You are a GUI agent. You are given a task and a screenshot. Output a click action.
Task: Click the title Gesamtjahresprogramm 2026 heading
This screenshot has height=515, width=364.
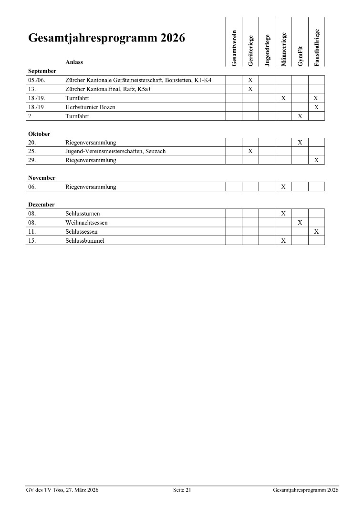click(106, 39)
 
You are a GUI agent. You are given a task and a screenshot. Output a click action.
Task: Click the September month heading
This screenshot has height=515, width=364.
click(42, 71)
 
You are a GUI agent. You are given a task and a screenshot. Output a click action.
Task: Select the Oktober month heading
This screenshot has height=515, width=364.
click(39, 134)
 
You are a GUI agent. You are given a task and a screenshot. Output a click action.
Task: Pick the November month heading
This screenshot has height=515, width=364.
click(42, 178)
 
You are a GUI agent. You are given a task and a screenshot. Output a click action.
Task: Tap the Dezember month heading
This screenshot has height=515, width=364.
click(41, 205)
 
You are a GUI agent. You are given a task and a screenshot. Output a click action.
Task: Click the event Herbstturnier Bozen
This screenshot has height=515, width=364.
click(90, 107)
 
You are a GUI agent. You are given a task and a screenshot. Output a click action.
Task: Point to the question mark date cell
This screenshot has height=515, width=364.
click(30, 116)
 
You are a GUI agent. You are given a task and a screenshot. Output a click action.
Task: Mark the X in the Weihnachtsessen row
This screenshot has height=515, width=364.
click(300, 223)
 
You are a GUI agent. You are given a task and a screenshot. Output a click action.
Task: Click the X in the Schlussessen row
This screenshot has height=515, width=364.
click(316, 232)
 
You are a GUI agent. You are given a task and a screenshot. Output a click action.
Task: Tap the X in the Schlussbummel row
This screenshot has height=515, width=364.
click(283, 241)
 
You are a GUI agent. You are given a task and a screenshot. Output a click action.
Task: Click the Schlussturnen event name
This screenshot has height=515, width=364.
click(83, 214)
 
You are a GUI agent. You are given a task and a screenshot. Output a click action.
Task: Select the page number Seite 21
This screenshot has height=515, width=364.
click(182, 490)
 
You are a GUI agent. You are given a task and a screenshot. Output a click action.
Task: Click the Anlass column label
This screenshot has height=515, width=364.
click(74, 62)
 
